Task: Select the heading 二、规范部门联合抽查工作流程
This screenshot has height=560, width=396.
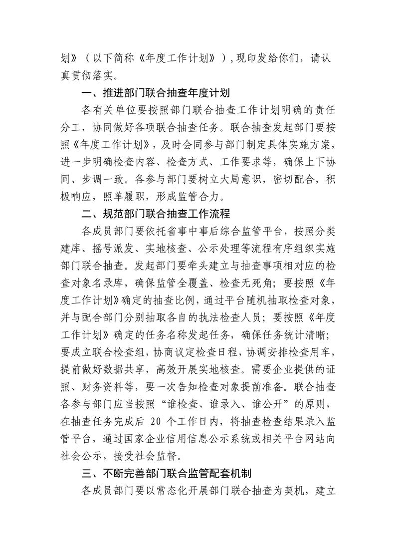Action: [x=156, y=215]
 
